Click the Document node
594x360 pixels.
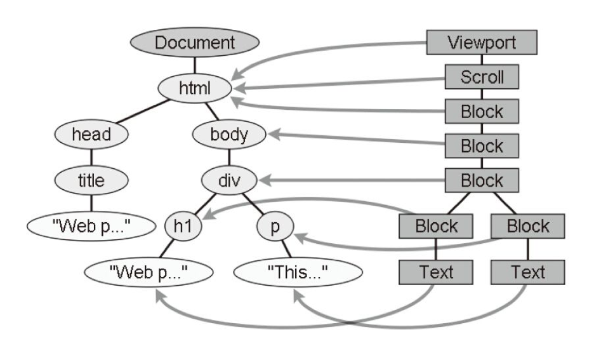tap(195, 44)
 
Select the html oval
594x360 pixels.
tap(195, 88)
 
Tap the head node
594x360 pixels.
tap(91, 135)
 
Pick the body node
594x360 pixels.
tap(229, 135)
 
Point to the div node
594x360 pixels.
tap(229, 180)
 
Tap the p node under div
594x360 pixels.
tap(275, 227)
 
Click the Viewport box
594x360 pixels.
tap(482, 43)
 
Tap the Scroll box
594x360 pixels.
tap(482, 77)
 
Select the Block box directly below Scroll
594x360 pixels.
tap(482, 112)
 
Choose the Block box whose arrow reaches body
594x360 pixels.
tap(482, 145)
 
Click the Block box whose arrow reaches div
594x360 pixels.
tap(482, 180)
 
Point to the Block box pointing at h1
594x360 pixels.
tap(436, 226)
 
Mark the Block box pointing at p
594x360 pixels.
tap(528, 226)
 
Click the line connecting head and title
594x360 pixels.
tap(91, 157)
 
